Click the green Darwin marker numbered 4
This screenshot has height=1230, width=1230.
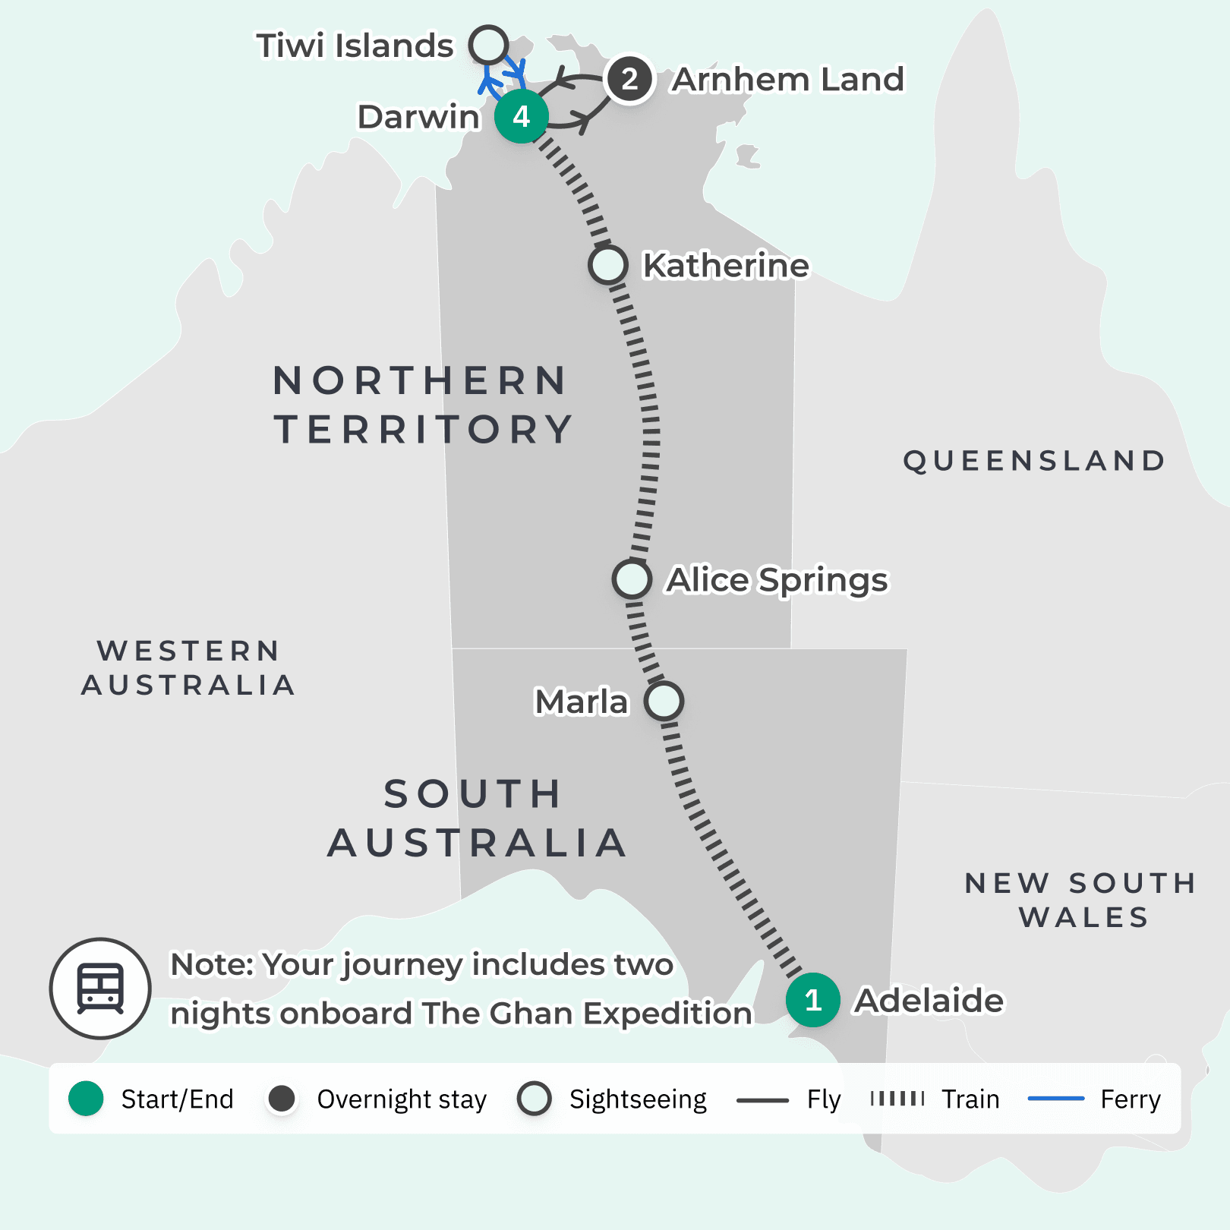(521, 116)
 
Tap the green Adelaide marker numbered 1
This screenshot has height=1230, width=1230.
(812, 1000)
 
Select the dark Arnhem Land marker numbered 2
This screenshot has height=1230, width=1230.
(629, 79)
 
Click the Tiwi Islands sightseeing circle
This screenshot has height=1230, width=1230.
(488, 45)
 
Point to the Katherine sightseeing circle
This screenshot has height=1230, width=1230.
(607, 265)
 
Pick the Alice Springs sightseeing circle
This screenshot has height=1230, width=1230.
(632, 579)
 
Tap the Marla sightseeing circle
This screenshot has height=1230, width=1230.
(664, 701)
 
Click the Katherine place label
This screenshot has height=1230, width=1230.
(726, 266)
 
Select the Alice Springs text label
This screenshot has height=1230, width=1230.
(777, 580)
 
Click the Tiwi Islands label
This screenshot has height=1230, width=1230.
(355, 46)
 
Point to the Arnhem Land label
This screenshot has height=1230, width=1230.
(788, 80)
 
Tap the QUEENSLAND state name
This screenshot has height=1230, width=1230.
(1034, 461)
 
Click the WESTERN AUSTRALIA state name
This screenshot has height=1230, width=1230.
(188, 668)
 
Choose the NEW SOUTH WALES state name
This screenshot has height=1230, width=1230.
(1081, 900)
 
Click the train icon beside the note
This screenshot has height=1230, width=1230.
(100, 989)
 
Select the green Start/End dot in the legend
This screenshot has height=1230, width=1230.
(86, 1099)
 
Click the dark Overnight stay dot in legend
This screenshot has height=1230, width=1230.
(282, 1099)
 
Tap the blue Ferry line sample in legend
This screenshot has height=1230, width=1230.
(1055, 1099)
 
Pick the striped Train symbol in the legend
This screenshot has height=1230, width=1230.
(897, 1099)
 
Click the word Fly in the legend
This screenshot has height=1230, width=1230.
(824, 1099)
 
